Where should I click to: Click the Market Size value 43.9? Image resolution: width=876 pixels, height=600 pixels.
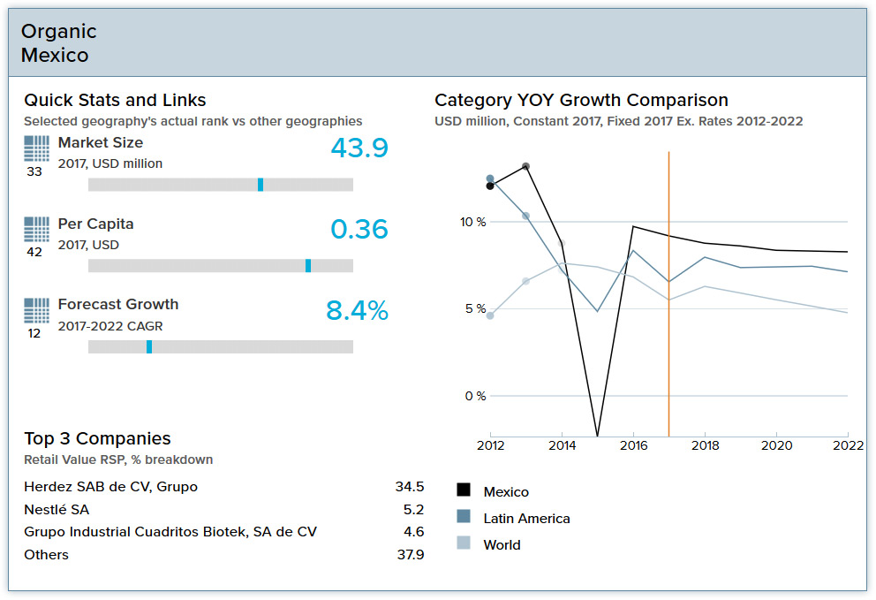point(359,148)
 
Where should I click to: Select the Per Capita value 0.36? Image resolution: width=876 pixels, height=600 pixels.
point(359,230)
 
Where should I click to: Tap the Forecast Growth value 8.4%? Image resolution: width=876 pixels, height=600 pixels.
point(357,311)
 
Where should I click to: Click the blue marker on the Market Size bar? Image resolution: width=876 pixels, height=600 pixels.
point(261,185)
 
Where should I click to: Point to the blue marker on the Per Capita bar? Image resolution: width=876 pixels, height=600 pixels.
point(308,266)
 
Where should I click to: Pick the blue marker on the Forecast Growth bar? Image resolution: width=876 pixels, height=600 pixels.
point(149,347)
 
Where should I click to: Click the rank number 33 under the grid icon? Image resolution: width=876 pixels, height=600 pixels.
point(34,172)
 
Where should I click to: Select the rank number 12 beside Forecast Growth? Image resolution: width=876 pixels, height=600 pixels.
point(34,334)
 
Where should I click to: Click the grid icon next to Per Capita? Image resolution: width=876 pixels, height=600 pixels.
point(36,230)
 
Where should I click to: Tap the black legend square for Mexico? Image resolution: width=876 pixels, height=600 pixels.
point(464,491)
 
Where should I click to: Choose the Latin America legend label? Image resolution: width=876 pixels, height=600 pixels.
point(526,519)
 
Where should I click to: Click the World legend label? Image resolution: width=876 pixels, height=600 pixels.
point(502,545)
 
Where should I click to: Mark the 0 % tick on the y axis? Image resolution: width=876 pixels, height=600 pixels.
point(475,396)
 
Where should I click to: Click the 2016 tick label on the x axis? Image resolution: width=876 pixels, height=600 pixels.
point(633,445)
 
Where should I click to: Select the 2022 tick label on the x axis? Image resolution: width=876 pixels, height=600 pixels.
point(848,445)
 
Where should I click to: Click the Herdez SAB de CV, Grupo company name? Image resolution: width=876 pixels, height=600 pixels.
point(110,487)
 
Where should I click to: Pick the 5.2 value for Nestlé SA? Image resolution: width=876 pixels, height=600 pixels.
point(413,510)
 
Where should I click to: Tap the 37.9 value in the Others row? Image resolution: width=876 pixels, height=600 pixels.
point(410,555)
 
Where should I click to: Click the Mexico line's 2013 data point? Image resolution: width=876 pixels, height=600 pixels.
point(526,166)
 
